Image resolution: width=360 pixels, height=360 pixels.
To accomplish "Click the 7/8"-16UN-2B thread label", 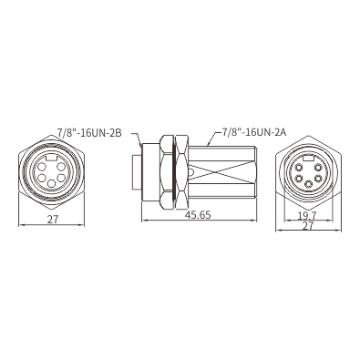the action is coord(89,132).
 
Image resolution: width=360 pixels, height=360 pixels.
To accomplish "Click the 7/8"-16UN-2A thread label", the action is coord(254,132).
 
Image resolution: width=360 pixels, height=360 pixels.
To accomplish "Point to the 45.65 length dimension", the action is coord(198,215).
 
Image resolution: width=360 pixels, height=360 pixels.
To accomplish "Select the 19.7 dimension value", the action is coord(307,216).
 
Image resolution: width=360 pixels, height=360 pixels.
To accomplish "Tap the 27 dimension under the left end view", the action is coord(53,220).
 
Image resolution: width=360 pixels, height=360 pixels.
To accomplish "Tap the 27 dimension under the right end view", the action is coord(308,226).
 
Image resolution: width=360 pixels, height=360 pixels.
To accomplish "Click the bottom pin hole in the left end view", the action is coord(52,183).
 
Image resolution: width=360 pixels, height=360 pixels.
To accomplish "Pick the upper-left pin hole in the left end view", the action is coord(42,167).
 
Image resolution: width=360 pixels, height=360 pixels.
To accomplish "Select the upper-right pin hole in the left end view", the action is coord(61,167).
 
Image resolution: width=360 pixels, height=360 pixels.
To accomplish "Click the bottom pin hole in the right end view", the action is coord(309,184).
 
